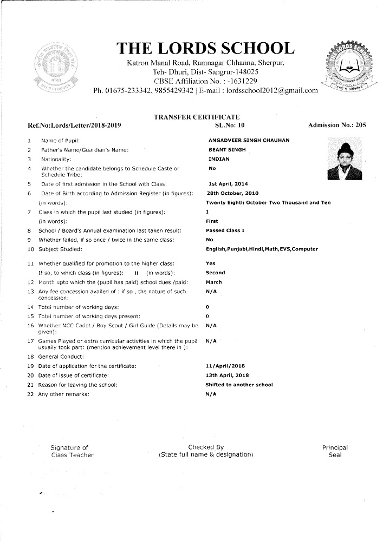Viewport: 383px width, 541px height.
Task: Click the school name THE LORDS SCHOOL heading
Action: coord(206,49)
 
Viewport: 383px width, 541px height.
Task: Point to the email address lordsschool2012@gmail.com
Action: coord(272,90)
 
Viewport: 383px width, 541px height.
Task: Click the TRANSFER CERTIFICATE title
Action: coord(197,117)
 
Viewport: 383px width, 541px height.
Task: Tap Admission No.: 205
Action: coord(337,126)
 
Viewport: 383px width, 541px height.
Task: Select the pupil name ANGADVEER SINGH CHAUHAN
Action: coord(249,140)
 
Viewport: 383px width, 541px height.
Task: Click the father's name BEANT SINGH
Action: coord(224,150)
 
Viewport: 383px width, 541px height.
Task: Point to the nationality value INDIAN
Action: coord(219,159)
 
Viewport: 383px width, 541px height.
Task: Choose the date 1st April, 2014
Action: coord(228,184)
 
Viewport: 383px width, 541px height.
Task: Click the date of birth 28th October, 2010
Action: coord(232,193)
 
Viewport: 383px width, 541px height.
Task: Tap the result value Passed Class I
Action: coord(225,230)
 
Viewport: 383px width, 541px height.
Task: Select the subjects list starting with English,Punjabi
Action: coord(262,249)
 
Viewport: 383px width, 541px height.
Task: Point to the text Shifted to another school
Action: coord(239,385)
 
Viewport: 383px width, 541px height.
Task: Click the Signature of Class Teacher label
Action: coord(72,451)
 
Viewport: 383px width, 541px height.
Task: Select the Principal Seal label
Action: coord(335,451)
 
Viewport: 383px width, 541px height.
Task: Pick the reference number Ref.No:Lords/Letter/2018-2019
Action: coord(74,126)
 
